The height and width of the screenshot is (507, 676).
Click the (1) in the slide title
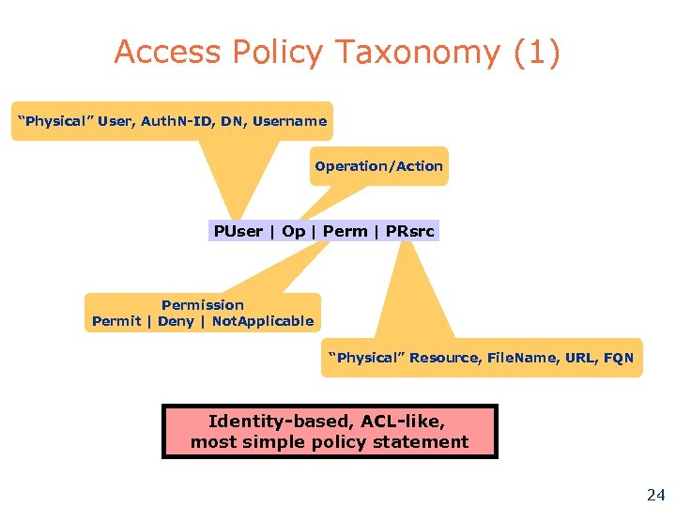click(x=537, y=54)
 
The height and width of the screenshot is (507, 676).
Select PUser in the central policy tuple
click(x=238, y=231)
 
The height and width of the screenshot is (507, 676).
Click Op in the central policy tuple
click(x=293, y=231)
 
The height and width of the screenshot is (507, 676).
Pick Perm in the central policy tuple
click(x=345, y=231)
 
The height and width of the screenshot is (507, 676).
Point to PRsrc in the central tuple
click(x=410, y=231)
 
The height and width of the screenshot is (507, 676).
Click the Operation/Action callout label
click(x=378, y=166)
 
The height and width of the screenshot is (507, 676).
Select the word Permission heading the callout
click(x=202, y=305)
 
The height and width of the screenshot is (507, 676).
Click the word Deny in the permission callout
click(x=176, y=321)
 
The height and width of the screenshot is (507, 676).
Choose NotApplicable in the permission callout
click(x=263, y=321)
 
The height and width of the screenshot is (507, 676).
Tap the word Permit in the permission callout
click(x=116, y=321)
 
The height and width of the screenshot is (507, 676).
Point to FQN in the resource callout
click(x=619, y=358)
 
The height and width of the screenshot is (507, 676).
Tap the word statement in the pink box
click(x=426, y=442)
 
